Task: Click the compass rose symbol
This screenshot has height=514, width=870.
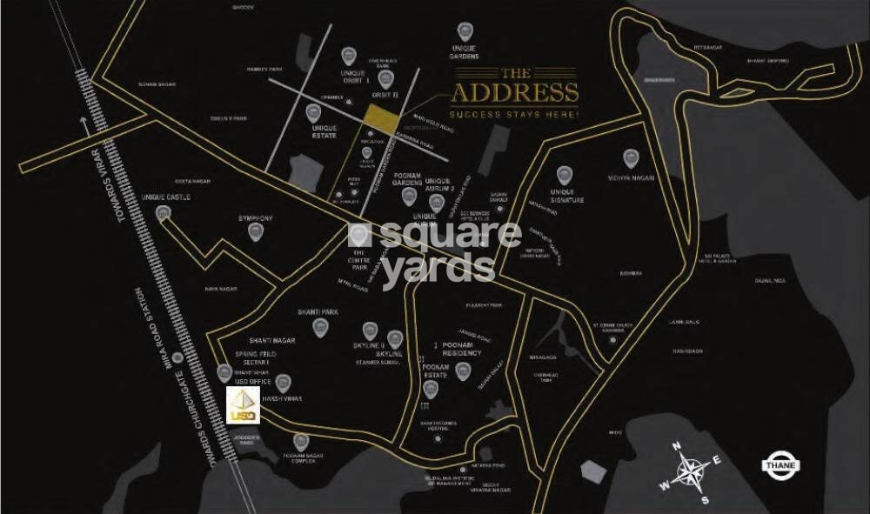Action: (690, 471)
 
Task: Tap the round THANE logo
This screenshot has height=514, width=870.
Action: (780, 464)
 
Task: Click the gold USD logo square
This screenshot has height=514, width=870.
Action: (241, 405)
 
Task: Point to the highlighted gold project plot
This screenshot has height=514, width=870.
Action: (378, 117)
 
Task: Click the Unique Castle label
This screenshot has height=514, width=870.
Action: (165, 197)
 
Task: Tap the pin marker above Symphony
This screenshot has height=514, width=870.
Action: (256, 231)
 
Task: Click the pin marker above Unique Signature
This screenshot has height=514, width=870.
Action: (564, 173)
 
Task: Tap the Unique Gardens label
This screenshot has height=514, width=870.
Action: (465, 52)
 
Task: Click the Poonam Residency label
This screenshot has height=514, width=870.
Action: (461, 349)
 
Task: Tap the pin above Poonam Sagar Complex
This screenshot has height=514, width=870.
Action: (301, 441)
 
